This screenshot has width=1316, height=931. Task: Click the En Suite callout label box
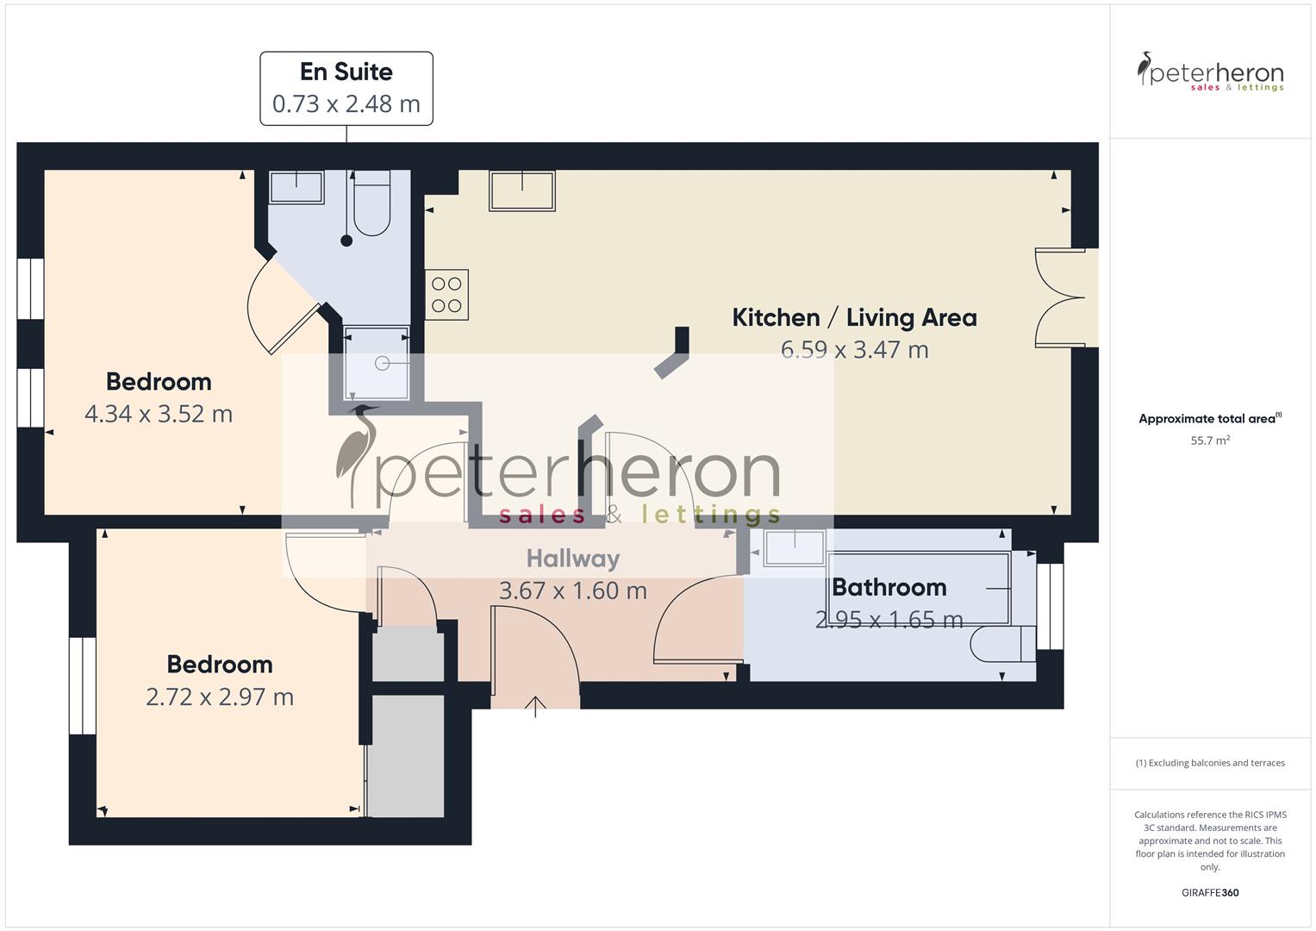346,88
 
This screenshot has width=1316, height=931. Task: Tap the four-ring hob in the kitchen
446,295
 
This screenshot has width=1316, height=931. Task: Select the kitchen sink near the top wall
522,191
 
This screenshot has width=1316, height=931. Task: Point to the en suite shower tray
377,363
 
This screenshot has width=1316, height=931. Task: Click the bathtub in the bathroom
922,588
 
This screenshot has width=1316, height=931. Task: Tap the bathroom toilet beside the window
1000,644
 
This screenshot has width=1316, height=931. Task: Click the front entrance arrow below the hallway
536,707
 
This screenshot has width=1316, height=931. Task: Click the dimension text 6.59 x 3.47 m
854,350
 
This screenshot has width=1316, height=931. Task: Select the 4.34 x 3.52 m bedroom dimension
159,414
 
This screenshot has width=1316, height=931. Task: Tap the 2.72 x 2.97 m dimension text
220,697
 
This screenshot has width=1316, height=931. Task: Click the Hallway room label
573,559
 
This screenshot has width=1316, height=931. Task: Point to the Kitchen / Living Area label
854,317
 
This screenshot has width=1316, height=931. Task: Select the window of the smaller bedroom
83,685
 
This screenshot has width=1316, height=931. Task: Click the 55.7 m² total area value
1210,441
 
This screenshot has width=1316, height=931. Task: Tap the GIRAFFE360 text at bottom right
1210,892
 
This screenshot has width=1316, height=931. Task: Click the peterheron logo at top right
1210,72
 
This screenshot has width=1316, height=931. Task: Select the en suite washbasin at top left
296,187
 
